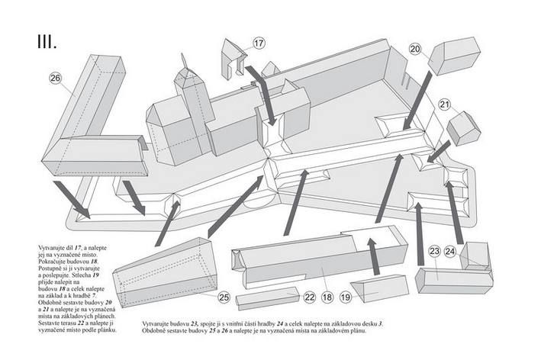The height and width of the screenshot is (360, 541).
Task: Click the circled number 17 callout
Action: click(x=259, y=43)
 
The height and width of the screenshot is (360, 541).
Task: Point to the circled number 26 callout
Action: click(x=56, y=78)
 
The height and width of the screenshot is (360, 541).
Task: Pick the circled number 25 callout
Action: click(x=224, y=297)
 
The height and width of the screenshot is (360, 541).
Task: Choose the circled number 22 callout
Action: click(x=309, y=297)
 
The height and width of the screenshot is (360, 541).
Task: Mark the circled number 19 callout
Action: click(x=346, y=297)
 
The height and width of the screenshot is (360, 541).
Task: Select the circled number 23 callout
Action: click(x=433, y=251)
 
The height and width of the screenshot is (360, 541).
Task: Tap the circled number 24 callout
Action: click(x=450, y=251)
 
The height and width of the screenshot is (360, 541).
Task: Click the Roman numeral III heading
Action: click(x=47, y=40)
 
